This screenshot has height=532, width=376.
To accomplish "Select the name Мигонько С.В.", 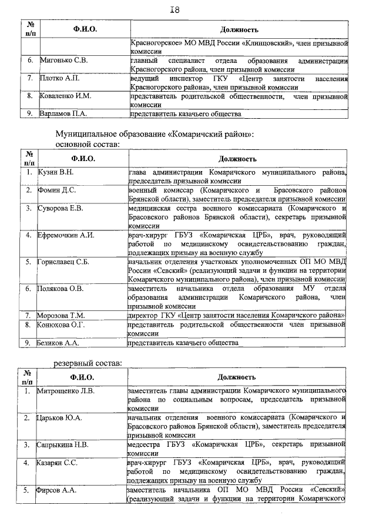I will click(63, 61).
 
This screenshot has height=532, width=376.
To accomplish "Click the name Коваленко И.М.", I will click(65, 95).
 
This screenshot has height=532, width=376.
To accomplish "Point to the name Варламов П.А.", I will click(63, 113).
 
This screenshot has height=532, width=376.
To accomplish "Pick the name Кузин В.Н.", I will click(56, 172).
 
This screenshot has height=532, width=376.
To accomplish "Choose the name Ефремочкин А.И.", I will click(66, 235).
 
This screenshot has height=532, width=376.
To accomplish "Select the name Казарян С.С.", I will click(59, 463).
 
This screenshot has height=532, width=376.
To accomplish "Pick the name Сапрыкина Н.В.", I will click(64, 444).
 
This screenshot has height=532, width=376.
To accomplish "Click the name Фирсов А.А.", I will click(58, 489).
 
